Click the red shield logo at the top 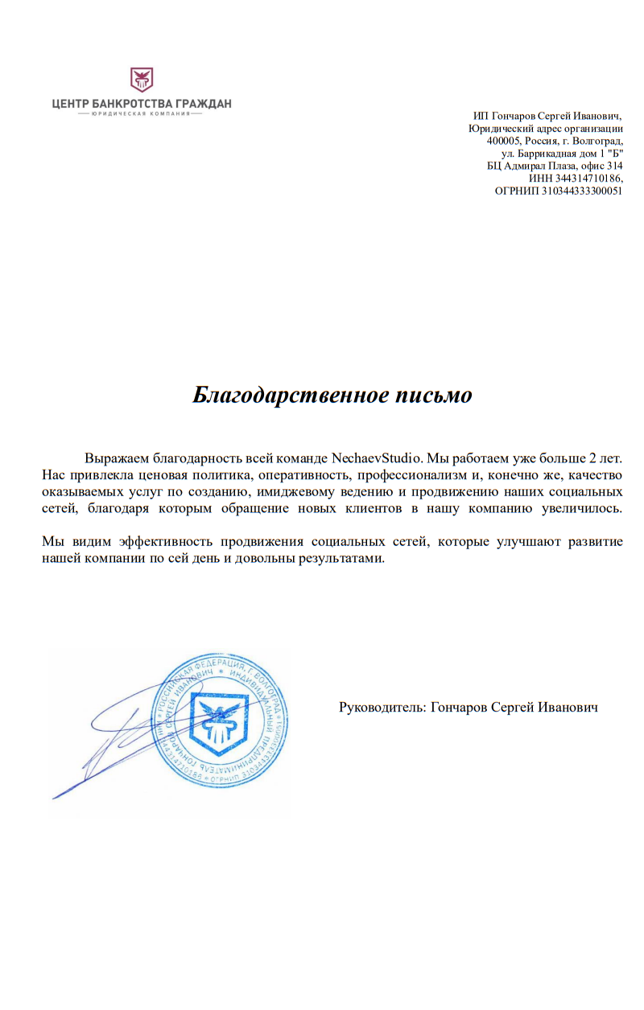(x=142, y=80)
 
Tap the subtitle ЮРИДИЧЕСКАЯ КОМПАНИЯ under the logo (x=141, y=114)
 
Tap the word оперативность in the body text (x=304, y=475)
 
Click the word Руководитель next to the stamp (x=382, y=708)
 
